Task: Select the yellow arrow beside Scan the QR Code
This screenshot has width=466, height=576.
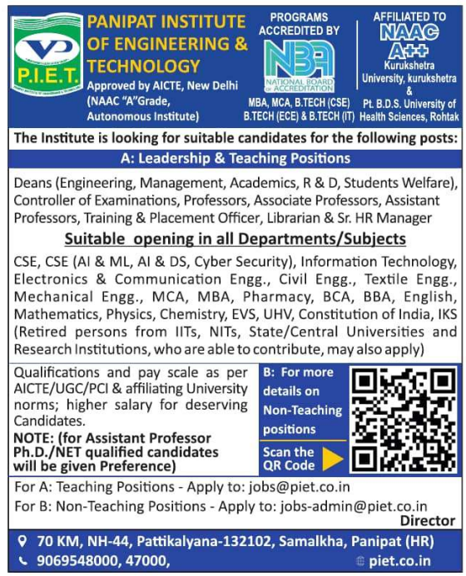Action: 333,459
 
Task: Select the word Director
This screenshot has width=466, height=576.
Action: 428,521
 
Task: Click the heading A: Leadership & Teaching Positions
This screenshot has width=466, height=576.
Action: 233,158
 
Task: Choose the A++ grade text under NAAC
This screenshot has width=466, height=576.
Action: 409,49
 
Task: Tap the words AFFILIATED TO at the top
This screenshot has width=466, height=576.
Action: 409,16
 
